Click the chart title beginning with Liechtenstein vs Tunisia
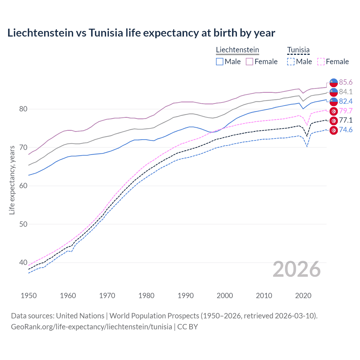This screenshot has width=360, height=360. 141,33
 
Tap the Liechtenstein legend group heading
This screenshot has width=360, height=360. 237,50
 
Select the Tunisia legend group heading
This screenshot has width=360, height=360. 298,50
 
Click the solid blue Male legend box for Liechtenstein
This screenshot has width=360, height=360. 220,62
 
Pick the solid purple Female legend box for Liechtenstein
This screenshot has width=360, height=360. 249,62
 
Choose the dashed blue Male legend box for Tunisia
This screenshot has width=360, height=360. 291,62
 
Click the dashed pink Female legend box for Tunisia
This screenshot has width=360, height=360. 321,62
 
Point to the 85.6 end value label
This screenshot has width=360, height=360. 346,82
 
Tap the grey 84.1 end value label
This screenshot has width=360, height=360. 346,92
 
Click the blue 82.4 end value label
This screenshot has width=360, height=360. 346,101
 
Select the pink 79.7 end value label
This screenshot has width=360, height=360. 346,111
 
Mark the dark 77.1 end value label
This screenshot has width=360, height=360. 346,120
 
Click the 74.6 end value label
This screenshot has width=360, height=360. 346,130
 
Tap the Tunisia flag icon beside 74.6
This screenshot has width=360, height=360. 334,130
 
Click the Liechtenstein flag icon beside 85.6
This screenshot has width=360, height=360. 334,82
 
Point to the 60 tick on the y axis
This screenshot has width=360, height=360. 23,186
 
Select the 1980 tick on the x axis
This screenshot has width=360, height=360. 146,296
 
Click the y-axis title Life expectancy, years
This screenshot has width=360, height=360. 12,180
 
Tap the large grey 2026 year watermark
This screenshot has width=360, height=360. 296,269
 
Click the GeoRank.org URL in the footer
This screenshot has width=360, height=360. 91,327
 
